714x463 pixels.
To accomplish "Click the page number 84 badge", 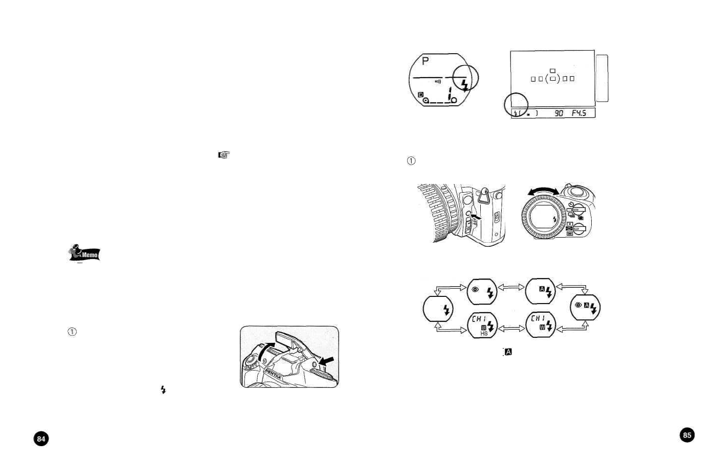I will (x=41, y=438).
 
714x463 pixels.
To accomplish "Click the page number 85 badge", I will (x=687, y=435).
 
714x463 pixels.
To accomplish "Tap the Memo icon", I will (x=85, y=253).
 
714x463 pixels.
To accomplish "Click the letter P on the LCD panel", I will (x=425, y=61).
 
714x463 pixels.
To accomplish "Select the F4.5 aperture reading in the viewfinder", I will (x=578, y=113).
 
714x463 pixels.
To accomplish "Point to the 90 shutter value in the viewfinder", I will (x=559, y=113).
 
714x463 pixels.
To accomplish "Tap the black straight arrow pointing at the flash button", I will (x=326, y=361).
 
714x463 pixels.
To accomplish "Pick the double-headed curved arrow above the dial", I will (x=543, y=191).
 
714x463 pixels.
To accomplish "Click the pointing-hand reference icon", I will (x=224, y=155).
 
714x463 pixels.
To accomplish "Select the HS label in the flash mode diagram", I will (x=483, y=333).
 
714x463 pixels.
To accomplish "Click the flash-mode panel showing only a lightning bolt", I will (x=438, y=309).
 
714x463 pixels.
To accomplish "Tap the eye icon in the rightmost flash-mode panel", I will (x=578, y=305).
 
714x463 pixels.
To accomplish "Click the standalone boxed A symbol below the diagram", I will (x=508, y=352).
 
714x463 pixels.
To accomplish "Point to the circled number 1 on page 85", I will (x=411, y=161).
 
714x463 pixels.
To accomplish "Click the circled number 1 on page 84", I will (x=72, y=332).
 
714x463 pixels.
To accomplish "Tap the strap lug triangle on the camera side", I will (x=483, y=194).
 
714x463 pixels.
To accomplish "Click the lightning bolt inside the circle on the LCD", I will (x=465, y=84).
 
